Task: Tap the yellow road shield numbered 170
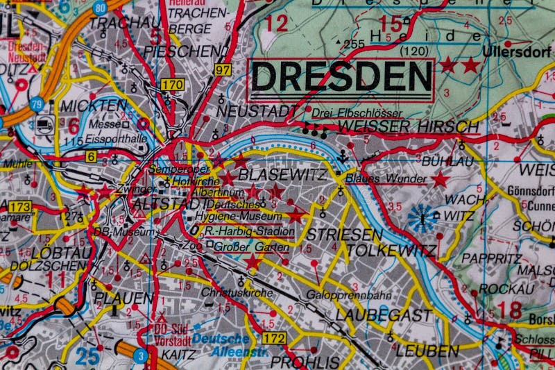[172, 85]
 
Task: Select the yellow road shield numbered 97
[223, 69]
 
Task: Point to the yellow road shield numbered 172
[274, 338]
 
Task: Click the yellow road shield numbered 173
[21, 206]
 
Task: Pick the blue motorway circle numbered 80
[100, 8]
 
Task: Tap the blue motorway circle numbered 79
[37, 104]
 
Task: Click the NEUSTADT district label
[250, 111]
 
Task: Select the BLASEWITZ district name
[282, 175]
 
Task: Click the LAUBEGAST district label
[383, 314]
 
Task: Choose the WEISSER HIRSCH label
[409, 127]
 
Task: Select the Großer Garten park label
[241, 245]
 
